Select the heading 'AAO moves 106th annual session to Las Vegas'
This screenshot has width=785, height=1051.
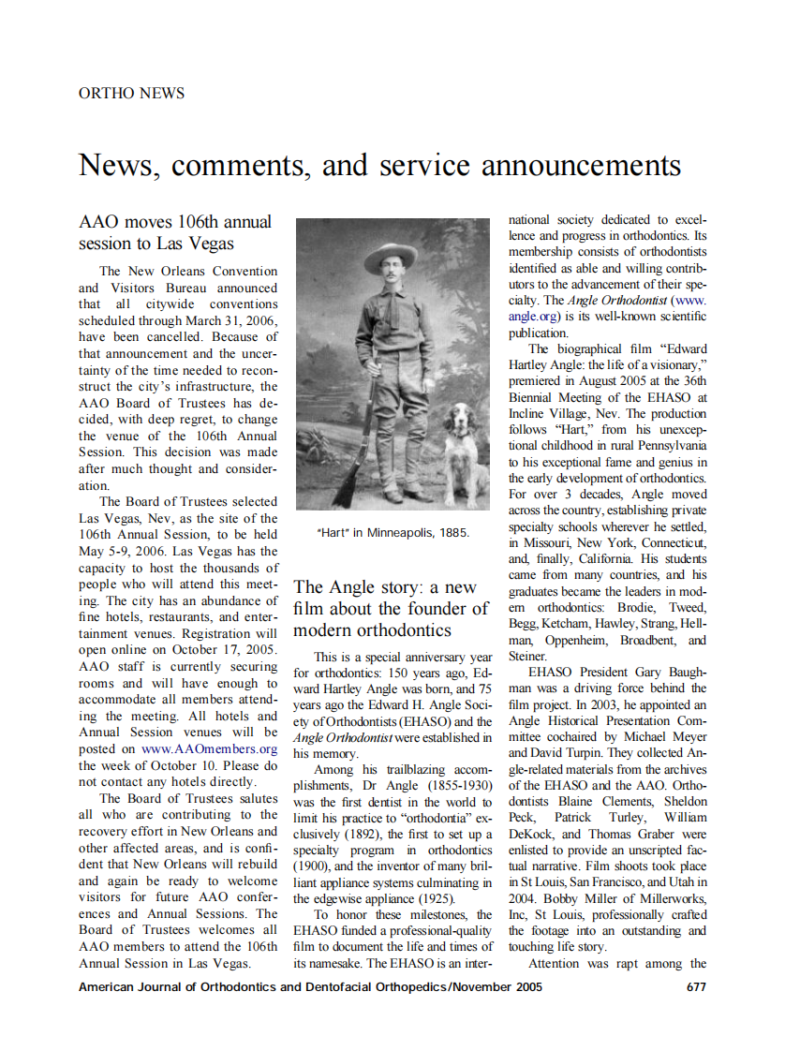(x=175, y=232)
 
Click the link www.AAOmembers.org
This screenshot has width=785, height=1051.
(x=209, y=748)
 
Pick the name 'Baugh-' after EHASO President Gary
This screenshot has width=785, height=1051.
(x=682, y=673)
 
